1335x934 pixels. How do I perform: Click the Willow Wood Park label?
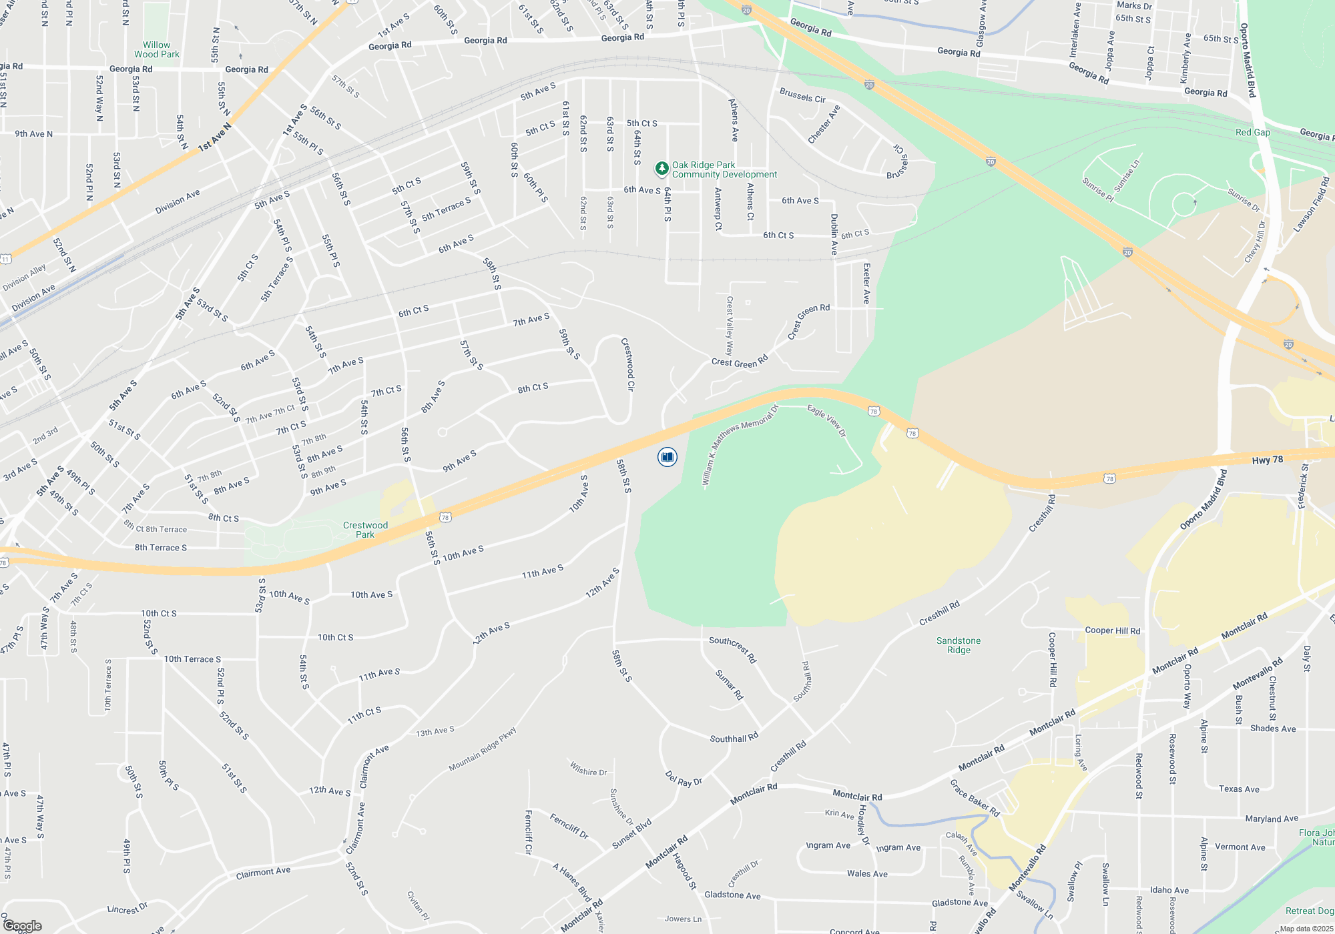[x=157, y=50]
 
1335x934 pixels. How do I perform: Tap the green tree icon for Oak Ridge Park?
[x=661, y=169]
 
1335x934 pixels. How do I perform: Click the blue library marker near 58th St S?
[x=667, y=457]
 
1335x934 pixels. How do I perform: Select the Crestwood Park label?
[x=365, y=530]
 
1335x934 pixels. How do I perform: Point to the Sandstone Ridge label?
[x=959, y=645]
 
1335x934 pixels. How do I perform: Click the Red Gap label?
[x=1252, y=132]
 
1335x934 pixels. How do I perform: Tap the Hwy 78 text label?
[x=1267, y=460]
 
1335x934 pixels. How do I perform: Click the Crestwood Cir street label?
[x=628, y=364]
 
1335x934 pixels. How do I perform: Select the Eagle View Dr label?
[x=826, y=420]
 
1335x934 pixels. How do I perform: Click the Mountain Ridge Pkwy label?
[x=483, y=749]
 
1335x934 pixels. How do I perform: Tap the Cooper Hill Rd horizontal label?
[x=1112, y=630]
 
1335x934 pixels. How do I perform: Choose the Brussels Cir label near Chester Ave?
[x=802, y=95]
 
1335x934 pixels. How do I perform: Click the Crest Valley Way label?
[x=730, y=326]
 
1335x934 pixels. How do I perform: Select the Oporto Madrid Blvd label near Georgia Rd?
[x=1248, y=60]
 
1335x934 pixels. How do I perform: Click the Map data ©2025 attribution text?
[x=1306, y=929]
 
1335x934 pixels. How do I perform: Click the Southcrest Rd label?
[x=732, y=649]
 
